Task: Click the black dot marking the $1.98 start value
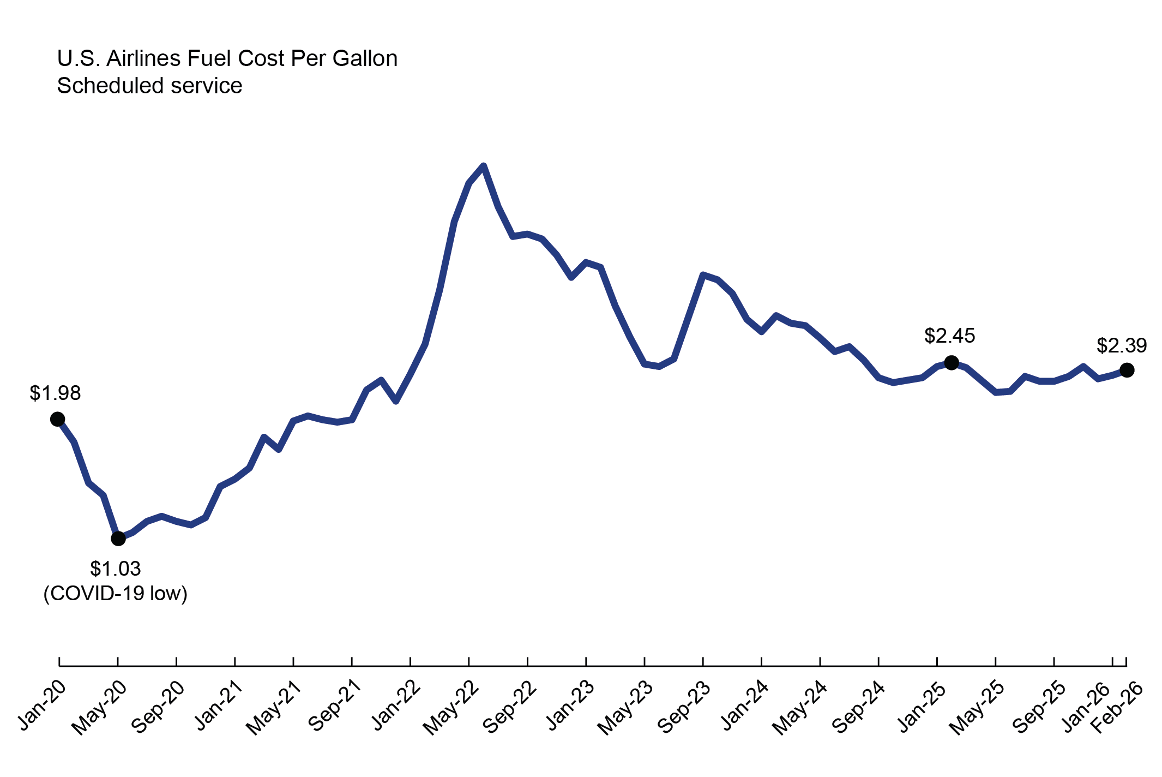point(57,419)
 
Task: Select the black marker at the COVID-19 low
point(118,539)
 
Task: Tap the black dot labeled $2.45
point(952,362)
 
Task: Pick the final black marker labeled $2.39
point(1127,370)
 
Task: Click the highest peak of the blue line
point(484,166)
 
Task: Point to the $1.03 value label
point(116,569)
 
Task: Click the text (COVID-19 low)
point(116,593)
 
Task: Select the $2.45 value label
point(949,336)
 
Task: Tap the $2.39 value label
point(1122,345)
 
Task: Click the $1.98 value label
point(55,393)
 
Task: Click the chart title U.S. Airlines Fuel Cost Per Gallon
point(227,58)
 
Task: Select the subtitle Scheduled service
point(149,86)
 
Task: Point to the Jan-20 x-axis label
point(43,706)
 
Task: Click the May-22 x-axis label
point(451,708)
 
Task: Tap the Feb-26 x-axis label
point(1117,707)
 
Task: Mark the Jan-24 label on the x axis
point(745,706)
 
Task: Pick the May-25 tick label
point(977,708)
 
